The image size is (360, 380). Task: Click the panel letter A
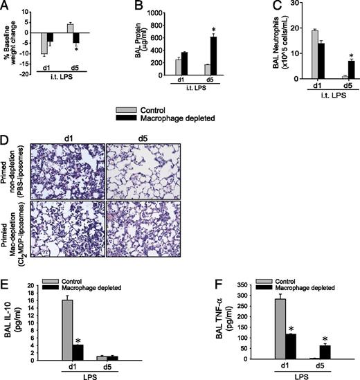click(6, 6)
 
